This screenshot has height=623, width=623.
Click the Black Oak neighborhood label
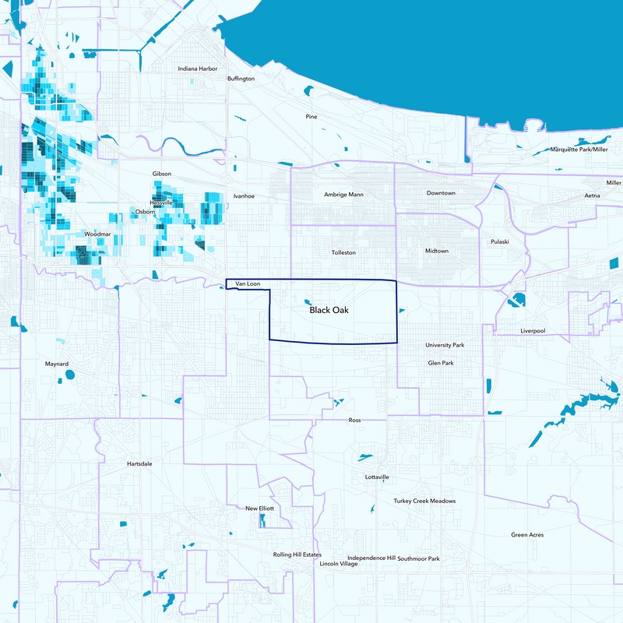click(x=329, y=310)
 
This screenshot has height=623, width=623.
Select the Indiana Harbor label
click(x=198, y=69)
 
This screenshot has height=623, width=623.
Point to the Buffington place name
click(x=241, y=79)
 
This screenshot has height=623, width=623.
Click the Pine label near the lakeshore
click(x=311, y=117)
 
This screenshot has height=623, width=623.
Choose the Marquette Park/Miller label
click(x=579, y=149)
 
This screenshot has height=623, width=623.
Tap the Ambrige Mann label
click(x=343, y=194)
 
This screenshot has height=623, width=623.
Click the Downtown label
click(x=441, y=193)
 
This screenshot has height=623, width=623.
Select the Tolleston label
click(x=343, y=253)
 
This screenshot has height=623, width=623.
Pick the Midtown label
click(x=437, y=251)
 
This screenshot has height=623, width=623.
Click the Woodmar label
click(x=97, y=234)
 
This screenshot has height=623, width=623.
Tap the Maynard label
click(x=57, y=364)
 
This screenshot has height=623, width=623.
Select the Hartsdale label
click(x=139, y=463)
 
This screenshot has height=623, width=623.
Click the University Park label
click(x=445, y=345)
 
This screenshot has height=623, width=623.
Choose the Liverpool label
click(x=533, y=332)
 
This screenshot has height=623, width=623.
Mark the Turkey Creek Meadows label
click(x=424, y=502)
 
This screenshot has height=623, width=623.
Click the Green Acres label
click(x=527, y=535)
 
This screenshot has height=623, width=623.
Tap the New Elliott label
click(x=259, y=509)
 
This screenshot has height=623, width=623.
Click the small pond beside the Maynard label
click(x=69, y=375)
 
